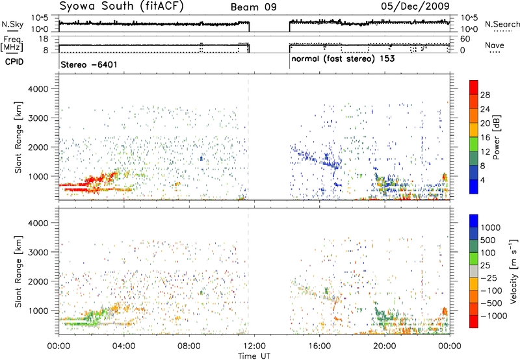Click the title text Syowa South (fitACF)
(x=122, y=6)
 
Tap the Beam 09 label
(x=253, y=7)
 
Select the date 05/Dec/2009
(x=415, y=6)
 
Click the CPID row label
(x=14, y=62)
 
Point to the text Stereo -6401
(x=89, y=64)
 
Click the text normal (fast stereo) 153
(x=343, y=59)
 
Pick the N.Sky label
(x=12, y=24)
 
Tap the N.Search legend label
(x=502, y=24)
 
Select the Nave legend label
(x=495, y=45)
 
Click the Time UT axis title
(x=254, y=356)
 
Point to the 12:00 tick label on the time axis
(x=254, y=346)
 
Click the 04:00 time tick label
(x=124, y=346)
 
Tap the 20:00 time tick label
(x=385, y=346)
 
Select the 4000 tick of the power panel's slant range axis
(x=38, y=89)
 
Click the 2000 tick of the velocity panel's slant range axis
(x=38, y=281)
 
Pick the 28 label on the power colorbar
(x=485, y=95)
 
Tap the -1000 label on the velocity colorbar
(x=494, y=316)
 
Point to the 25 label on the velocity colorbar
(x=485, y=266)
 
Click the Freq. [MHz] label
(x=13, y=44)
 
